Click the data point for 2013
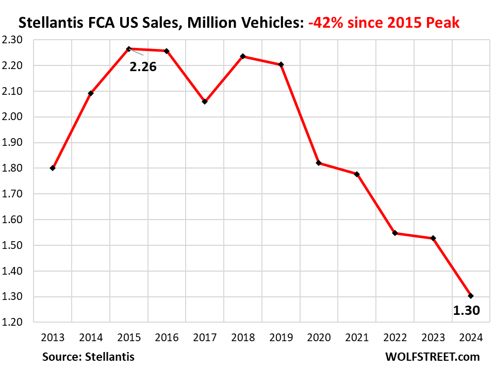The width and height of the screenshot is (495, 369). [x=53, y=168]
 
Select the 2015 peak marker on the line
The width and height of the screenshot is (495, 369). [x=128, y=49]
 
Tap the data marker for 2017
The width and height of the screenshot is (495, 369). [x=205, y=102]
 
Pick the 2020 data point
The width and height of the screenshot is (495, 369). [x=319, y=163]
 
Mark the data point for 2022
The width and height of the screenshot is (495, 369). [x=395, y=233]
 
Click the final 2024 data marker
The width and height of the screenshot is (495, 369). [x=471, y=296]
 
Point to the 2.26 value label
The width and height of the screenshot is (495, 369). [x=143, y=66]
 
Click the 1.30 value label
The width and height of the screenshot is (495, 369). [x=466, y=310]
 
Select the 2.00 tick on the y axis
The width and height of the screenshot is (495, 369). [x=19, y=117]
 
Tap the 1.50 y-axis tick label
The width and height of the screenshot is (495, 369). [x=19, y=245]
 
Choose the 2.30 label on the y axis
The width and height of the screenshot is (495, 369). [x=19, y=40]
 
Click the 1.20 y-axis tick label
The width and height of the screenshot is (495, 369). [x=19, y=323]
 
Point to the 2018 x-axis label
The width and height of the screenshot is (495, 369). [x=243, y=338]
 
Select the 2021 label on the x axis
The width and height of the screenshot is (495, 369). [x=357, y=338]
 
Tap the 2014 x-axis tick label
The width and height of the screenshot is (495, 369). [x=91, y=338]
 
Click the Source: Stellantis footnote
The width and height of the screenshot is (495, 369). [x=88, y=357]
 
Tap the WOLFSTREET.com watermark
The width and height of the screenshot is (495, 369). [x=432, y=357]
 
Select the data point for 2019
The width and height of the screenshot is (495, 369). [x=281, y=64]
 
